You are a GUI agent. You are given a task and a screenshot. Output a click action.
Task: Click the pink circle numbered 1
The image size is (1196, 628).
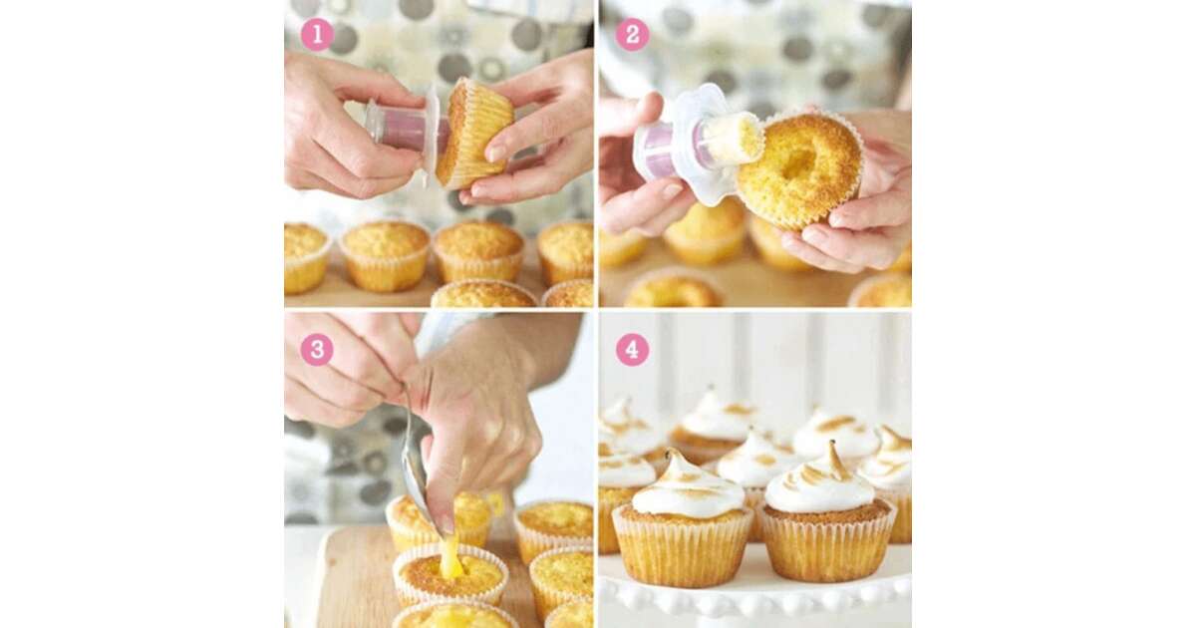[318, 35]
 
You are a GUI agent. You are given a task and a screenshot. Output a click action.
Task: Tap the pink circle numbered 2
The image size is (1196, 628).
[632, 35]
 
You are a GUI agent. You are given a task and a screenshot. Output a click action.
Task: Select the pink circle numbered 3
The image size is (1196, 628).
[317, 350]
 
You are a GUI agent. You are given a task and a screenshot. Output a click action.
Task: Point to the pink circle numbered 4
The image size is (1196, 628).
[632, 350]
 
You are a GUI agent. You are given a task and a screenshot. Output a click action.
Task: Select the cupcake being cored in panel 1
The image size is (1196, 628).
[473, 134]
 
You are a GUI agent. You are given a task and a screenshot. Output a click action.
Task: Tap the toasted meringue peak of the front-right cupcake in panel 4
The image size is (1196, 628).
[832, 460]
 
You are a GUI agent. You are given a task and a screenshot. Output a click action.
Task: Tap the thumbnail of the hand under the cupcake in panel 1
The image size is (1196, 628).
[496, 153]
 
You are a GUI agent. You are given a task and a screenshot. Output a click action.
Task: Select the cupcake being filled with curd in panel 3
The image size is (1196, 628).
[451, 572]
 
